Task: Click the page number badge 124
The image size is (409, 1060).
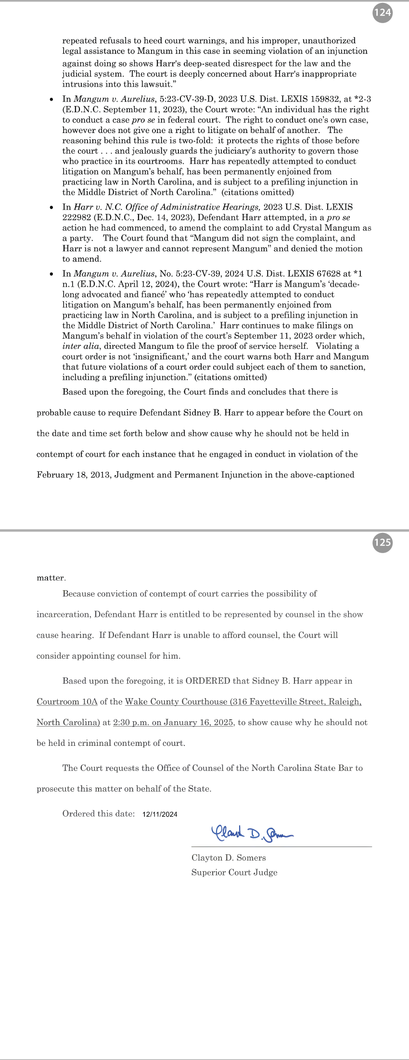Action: tap(383, 12)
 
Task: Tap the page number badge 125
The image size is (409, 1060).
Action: tap(383, 542)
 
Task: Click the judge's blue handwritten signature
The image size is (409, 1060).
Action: tap(252, 832)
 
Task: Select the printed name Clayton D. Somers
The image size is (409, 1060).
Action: tap(229, 858)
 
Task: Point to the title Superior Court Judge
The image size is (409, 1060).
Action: tap(234, 872)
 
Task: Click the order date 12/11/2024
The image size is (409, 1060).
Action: tap(160, 814)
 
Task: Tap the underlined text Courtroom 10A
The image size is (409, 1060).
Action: tap(67, 702)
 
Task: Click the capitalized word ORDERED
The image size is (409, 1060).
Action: tap(208, 681)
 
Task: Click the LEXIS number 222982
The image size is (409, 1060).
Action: tap(77, 217)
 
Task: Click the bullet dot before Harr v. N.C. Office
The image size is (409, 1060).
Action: tap(51, 207)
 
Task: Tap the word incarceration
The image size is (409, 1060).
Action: tap(63, 614)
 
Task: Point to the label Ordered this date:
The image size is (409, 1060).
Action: tap(98, 814)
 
